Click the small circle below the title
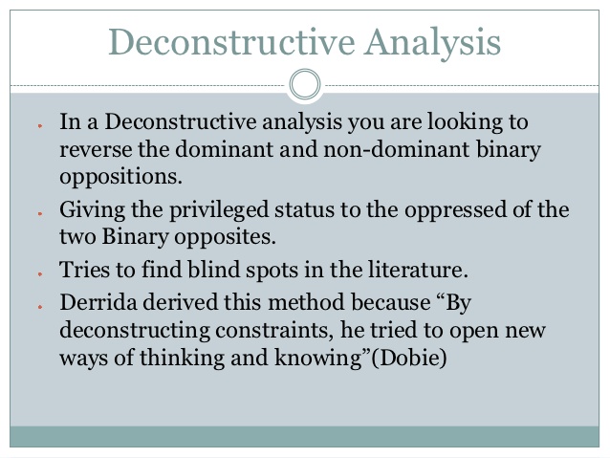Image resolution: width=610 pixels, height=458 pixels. click(x=305, y=85)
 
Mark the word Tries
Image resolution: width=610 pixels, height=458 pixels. click(x=83, y=270)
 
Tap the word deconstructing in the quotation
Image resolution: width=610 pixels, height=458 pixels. click(x=124, y=329)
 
